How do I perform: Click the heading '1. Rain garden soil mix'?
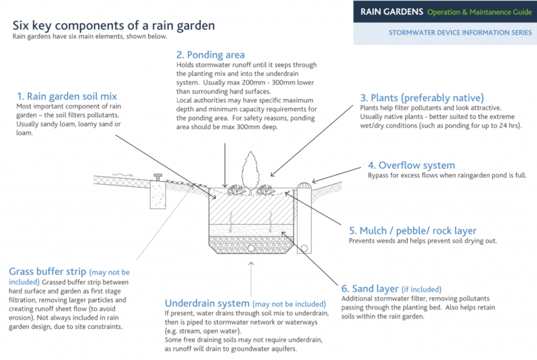[67, 96]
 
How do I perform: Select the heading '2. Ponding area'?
[210, 55]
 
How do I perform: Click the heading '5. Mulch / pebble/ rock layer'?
[413, 231]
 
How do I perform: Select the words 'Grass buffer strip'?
[48, 272]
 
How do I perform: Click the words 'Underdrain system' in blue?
[207, 303]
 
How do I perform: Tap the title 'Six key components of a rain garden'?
[113, 25]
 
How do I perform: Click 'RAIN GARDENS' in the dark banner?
[391, 12]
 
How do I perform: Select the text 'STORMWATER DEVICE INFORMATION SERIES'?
[460, 33]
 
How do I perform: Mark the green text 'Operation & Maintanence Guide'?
[479, 12]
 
